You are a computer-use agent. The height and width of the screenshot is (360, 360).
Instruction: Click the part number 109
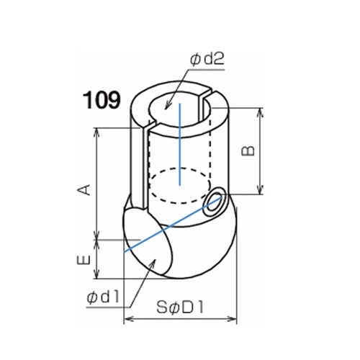click(102, 101)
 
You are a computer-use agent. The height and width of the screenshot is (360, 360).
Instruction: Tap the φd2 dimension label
click(207, 59)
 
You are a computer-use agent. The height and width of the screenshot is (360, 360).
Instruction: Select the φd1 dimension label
click(103, 298)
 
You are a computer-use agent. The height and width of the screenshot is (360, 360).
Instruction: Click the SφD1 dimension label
click(180, 307)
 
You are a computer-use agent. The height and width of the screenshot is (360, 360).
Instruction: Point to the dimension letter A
click(84, 189)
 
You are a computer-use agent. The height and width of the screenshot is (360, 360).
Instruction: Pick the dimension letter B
click(248, 151)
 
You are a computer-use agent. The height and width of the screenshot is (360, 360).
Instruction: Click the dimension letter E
click(84, 260)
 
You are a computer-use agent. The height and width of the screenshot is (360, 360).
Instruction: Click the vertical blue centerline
click(179, 144)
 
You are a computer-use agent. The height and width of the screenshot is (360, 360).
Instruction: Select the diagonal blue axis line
click(172, 225)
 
